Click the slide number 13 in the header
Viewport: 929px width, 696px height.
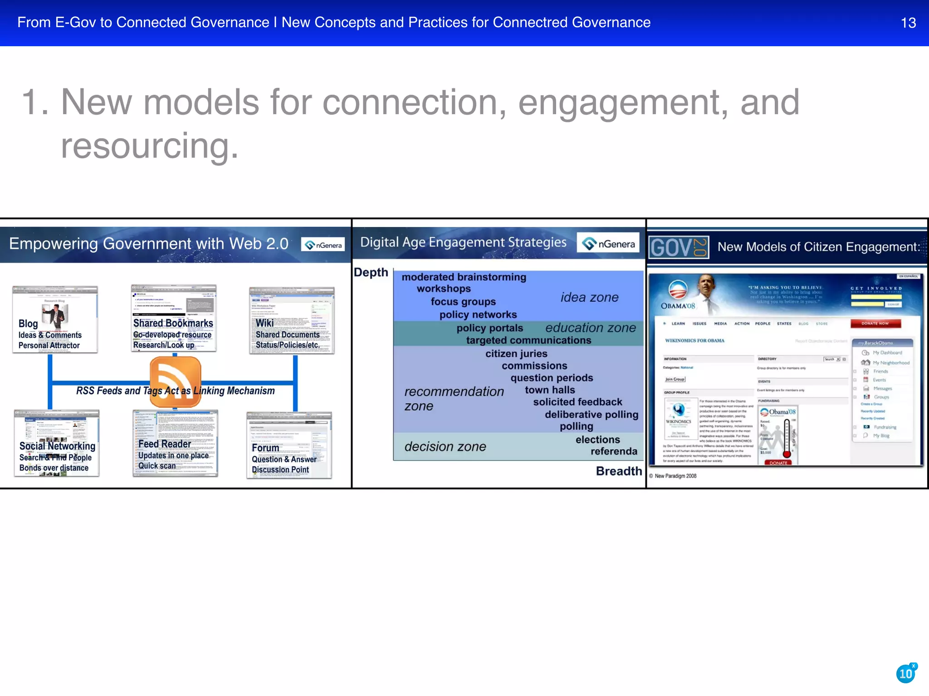click(908, 23)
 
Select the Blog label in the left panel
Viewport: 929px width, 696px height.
click(28, 324)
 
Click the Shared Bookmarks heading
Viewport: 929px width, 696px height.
click(173, 323)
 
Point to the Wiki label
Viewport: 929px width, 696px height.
click(264, 323)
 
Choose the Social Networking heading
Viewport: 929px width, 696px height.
click(57, 446)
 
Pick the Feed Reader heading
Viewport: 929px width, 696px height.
click(165, 444)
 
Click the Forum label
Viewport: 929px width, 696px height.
click(265, 448)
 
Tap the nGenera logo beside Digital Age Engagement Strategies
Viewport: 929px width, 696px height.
click(608, 244)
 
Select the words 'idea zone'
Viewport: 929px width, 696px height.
click(589, 297)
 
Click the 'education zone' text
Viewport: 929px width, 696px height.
click(590, 328)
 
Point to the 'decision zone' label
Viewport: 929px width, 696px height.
click(445, 447)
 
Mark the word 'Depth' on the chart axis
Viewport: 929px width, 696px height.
click(371, 272)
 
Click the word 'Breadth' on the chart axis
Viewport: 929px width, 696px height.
click(619, 471)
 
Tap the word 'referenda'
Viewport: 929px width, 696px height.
click(614, 451)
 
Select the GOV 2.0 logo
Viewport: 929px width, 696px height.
click(679, 247)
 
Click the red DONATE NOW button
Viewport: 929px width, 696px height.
click(875, 324)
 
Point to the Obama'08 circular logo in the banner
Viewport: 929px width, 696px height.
click(678, 290)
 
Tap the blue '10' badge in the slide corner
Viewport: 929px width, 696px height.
click(906, 674)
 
